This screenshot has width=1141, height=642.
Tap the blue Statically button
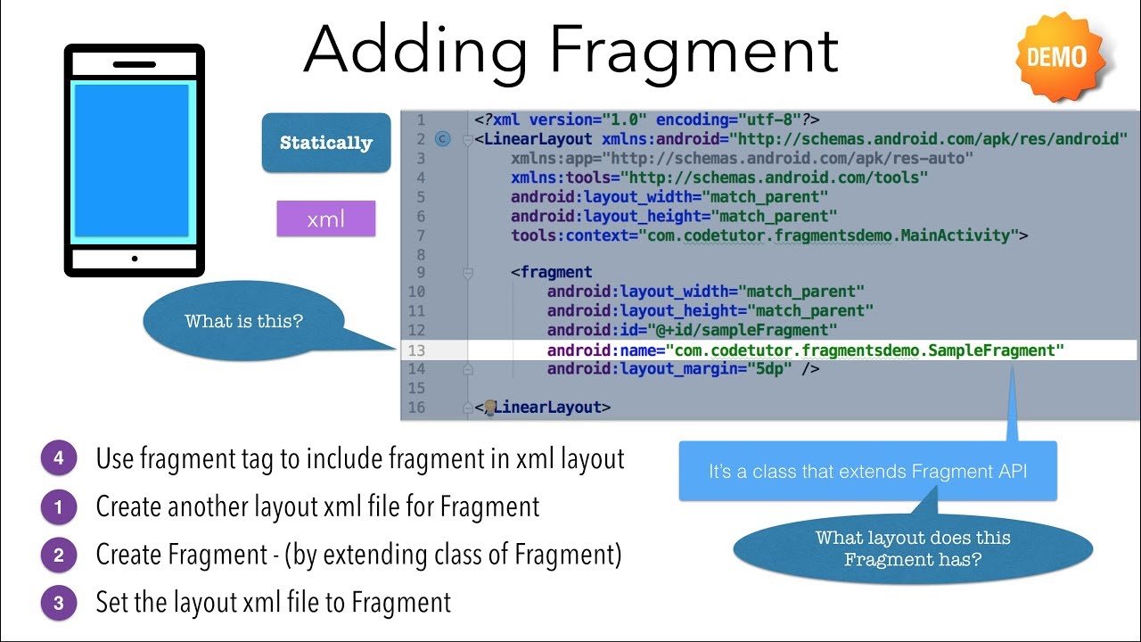coord(326,143)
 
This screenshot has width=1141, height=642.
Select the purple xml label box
coord(326,218)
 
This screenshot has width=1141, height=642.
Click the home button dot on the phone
coord(135,259)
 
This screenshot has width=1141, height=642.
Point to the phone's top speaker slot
coord(135,64)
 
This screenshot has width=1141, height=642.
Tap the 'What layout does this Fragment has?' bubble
coord(914,548)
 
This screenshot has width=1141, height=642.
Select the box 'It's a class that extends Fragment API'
coord(867,471)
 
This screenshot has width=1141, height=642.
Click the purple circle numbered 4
coord(59,458)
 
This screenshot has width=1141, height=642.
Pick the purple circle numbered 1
coord(59,507)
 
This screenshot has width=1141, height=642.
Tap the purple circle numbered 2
coord(59,556)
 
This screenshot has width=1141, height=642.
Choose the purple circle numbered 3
coord(59,603)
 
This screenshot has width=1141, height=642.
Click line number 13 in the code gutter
coord(416,350)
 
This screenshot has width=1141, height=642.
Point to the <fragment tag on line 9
coord(552,273)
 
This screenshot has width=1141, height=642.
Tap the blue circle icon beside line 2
coord(443,139)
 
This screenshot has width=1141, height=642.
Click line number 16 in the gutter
coord(416,407)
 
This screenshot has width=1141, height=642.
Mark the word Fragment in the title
coord(694,51)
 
